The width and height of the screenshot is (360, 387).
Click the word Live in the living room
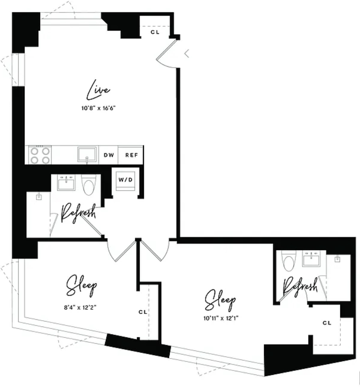[x=98, y=89]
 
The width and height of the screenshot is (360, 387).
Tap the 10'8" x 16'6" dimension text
[x=99, y=108]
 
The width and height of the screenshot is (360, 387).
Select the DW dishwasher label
[x=109, y=155]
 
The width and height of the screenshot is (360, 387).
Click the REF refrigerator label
[x=131, y=155]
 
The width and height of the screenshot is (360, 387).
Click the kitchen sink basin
[x=87, y=155]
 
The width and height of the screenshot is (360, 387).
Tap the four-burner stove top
[x=40, y=155]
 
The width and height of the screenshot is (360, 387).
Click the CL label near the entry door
[x=155, y=32]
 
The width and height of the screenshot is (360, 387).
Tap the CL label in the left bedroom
[x=143, y=312]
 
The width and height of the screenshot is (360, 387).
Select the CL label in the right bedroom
[x=327, y=323]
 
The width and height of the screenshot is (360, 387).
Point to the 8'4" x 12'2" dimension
[x=80, y=307]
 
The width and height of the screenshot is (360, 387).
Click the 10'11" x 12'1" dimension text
[x=221, y=318]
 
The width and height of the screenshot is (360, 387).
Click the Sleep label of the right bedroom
[x=220, y=300]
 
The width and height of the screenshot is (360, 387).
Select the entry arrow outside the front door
[x=187, y=53]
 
